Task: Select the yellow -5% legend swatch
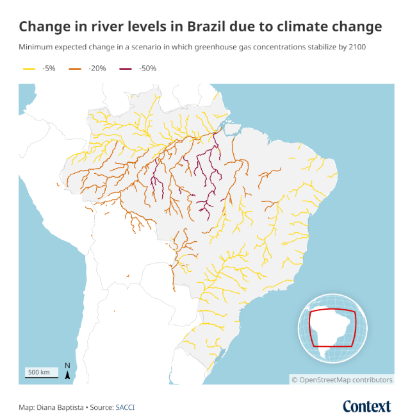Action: click(x=29, y=68)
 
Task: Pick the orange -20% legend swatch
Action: click(x=76, y=68)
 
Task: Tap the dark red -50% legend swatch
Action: click(x=125, y=68)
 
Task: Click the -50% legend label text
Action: click(x=147, y=68)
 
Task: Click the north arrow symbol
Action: click(x=67, y=371)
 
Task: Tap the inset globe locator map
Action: click(x=332, y=328)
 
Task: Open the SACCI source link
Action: click(x=125, y=407)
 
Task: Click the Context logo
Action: click(x=366, y=407)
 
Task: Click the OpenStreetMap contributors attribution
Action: click(x=342, y=380)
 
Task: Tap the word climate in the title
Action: click(x=303, y=27)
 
